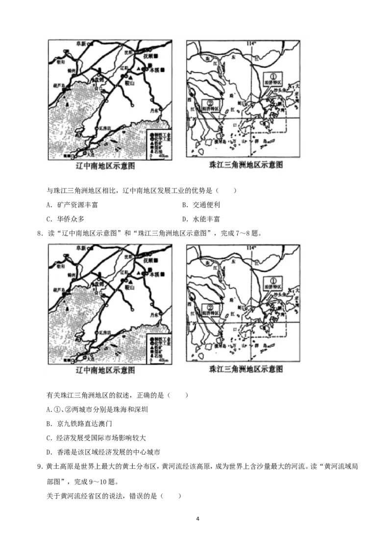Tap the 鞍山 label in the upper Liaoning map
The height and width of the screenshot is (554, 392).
point(132,84)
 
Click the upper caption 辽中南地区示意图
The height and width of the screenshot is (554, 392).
point(105,166)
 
